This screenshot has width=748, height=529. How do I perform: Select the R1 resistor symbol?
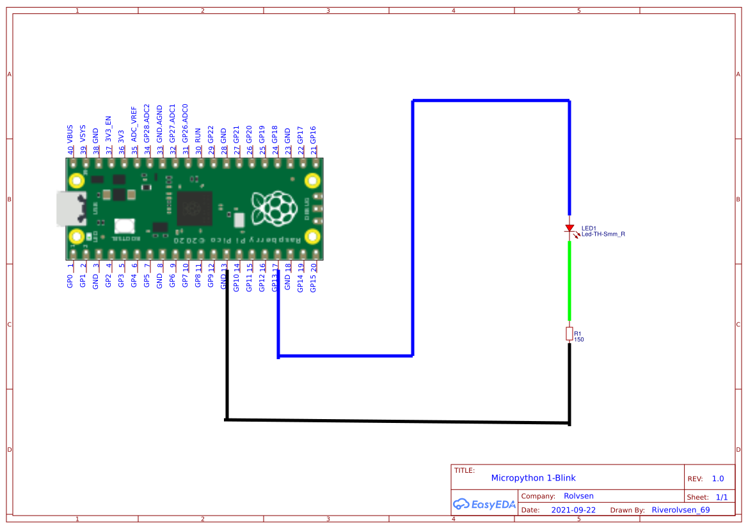tap(569, 333)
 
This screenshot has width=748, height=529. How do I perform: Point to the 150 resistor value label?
tap(579, 339)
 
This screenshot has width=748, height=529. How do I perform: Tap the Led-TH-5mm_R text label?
tap(603, 234)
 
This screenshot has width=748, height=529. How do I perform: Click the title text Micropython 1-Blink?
tap(533, 478)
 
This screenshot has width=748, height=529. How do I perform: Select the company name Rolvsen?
tap(578, 496)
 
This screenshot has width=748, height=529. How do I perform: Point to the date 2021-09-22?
tap(573, 510)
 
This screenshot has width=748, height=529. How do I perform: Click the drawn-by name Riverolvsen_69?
tap(680, 510)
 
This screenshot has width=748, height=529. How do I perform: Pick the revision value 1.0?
tap(717, 479)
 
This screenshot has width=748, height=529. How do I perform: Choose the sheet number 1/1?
tap(721, 496)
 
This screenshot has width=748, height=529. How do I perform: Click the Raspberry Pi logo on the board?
tap(275, 208)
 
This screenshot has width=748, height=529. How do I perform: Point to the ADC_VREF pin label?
tap(134, 123)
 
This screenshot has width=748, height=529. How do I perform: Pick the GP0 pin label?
tap(70, 282)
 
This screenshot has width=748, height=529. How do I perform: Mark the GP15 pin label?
tap(314, 283)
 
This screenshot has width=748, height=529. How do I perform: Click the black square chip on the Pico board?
tap(195, 208)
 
